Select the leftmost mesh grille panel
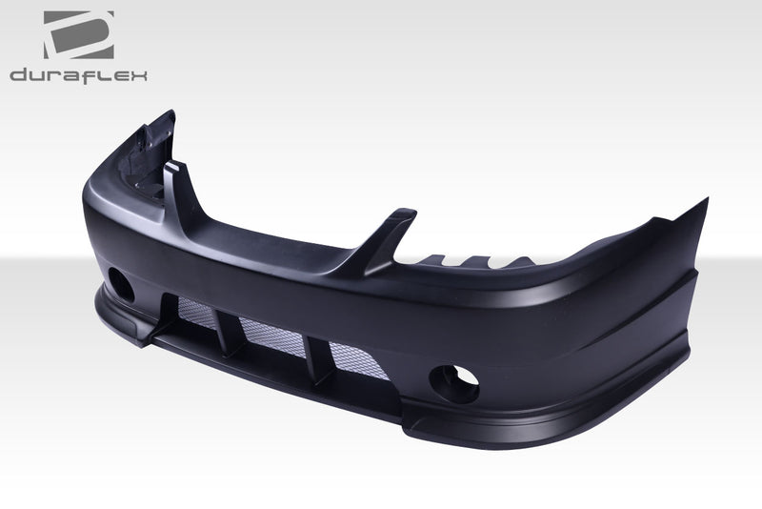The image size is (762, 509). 196,310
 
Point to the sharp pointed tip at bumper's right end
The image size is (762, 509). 706,201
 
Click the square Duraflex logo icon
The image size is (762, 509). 78,35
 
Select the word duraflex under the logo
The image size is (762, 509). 78,74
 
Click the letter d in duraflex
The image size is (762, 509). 18,74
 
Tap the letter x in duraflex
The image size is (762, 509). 139,75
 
